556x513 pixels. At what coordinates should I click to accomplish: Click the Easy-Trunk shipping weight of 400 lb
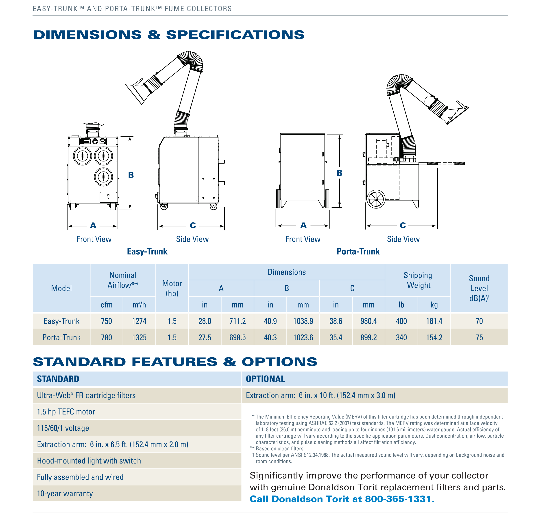401,321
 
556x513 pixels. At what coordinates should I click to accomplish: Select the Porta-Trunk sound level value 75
479,337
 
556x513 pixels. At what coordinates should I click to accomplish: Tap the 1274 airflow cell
139,321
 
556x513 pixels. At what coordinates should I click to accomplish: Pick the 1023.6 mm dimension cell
303,337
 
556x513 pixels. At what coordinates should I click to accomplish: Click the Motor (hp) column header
172,288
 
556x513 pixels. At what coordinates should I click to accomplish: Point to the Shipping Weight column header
418,280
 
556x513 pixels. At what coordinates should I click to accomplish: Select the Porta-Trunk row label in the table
61,337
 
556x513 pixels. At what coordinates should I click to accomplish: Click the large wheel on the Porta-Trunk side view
376,199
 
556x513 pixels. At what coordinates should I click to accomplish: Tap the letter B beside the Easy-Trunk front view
131,175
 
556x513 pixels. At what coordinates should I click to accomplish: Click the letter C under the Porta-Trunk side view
403,225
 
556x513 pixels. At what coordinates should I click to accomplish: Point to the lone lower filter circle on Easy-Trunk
103,177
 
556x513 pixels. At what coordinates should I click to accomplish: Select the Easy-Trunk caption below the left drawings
147,251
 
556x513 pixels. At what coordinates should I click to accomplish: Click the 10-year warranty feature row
65,494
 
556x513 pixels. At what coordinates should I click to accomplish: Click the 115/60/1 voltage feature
63,428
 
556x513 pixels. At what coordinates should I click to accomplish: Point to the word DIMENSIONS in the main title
87,35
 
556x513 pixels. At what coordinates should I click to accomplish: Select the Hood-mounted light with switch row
89,461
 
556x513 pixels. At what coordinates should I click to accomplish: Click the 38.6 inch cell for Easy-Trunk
336,321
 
